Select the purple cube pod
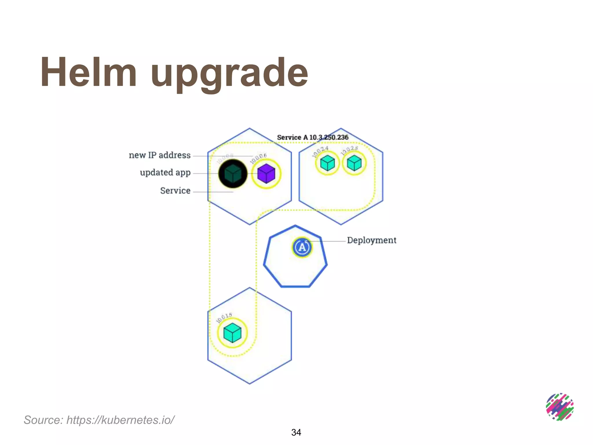(266, 174)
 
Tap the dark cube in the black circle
(233, 174)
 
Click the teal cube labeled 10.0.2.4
(327, 163)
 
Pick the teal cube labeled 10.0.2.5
(354, 163)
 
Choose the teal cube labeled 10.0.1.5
(233, 333)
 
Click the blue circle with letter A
(302, 247)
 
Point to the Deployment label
(371, 240)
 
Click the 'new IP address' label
(160, 155)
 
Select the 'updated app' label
(165, 173)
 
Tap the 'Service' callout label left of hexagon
(175, 191)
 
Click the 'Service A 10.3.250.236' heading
(313, 137)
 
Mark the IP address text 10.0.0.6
(258, 158)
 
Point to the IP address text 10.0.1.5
(224, 318)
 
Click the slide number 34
(296, 432)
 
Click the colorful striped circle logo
(560, 407)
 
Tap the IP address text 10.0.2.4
(320, 152)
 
